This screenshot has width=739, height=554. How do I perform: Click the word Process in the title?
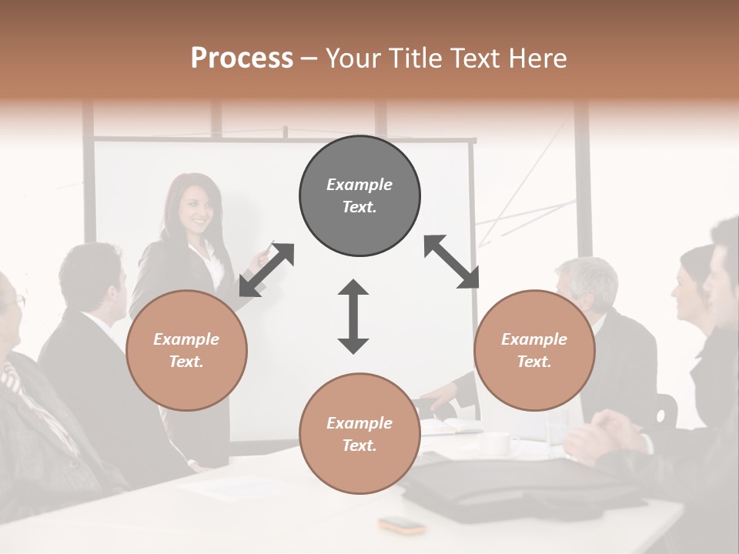coord(242,58)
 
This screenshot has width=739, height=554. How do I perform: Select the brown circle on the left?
coord(186,350)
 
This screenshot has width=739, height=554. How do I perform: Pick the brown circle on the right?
coord(534,350)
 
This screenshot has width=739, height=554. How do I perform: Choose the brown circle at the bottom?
coord(359,433)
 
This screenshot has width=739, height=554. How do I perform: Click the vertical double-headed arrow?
coord(353,316)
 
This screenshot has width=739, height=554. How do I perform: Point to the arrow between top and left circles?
coord(266,269)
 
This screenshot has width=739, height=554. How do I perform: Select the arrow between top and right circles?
coord(451,262)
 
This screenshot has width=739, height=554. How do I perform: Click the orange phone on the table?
coord(402,526)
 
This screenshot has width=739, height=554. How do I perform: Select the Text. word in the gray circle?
coord(359,207)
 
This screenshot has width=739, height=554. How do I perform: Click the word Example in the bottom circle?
coord(359,422)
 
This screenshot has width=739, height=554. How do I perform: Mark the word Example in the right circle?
coord(534,339)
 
